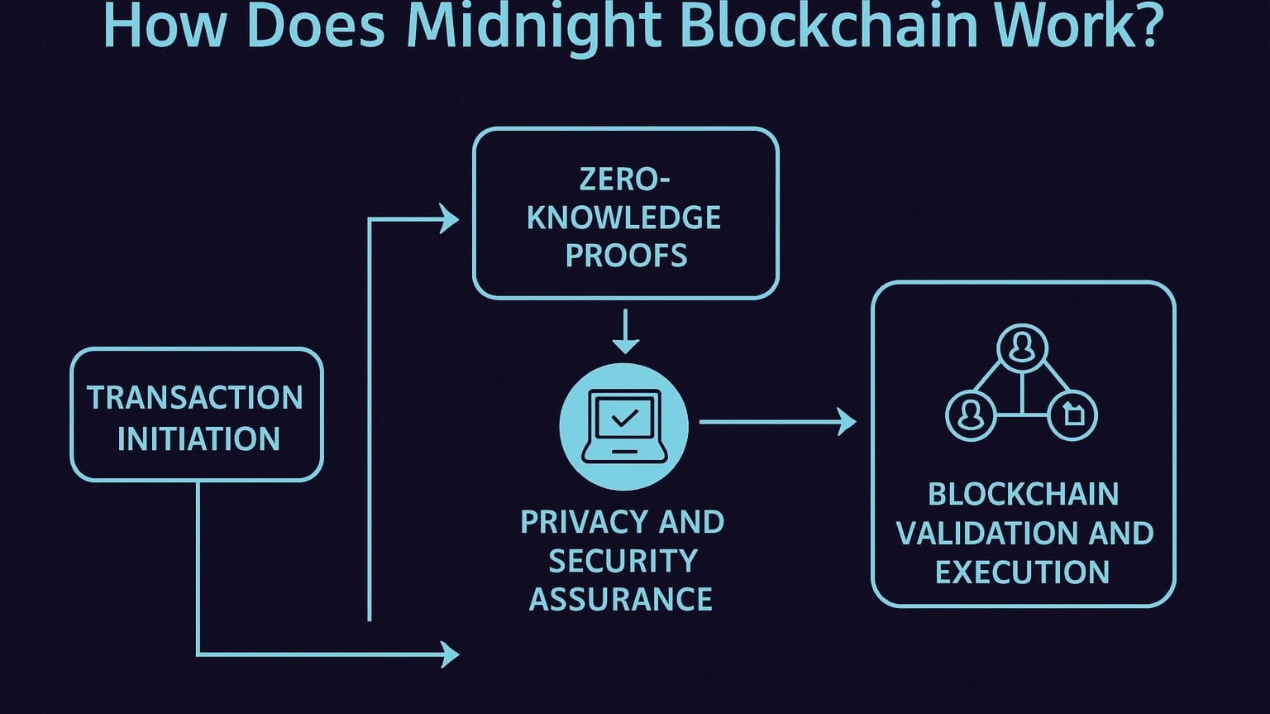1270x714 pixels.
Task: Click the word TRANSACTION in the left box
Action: (195, 398)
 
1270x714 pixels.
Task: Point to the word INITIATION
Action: (198, 438)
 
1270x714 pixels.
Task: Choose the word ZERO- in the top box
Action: (625, 179)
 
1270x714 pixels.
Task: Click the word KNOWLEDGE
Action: (624, 218)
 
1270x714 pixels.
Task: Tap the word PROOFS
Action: (626, 256)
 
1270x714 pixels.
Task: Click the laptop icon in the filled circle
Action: (624, 427)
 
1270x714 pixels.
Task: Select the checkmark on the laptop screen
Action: (625, 417)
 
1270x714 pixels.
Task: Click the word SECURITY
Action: (623, 561)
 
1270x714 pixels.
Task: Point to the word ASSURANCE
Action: (620, 599)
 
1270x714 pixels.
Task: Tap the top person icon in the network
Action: (1023, 347)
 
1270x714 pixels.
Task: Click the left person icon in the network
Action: (970, 414)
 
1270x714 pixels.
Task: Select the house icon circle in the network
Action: (1072, 414)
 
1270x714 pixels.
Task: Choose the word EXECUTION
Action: (1022, 573)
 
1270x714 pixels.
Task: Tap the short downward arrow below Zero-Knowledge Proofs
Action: (625, 333)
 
